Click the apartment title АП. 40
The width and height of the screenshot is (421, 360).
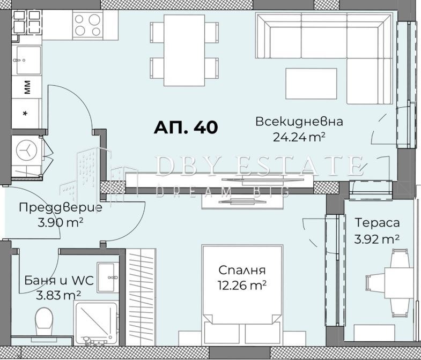pos(186,127)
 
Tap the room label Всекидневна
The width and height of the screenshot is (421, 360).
pos(299,122)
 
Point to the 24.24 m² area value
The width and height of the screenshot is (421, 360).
pos(299,137)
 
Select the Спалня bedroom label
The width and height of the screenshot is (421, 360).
pos(242,270)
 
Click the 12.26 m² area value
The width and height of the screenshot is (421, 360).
pos(242,285)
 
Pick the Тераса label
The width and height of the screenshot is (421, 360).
pos(377,223)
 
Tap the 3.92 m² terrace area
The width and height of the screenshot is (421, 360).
pos(376,239)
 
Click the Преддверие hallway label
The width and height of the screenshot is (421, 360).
pos(61,207)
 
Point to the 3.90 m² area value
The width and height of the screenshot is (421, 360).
pos(60,223)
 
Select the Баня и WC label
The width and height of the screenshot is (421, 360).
pos(59,281)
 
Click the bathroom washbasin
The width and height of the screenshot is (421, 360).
pos(108,277)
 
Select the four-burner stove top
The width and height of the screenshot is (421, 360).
pos(88,25)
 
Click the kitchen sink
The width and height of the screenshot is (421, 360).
pos(27,60)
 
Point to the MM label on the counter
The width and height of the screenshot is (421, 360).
pos(27,87)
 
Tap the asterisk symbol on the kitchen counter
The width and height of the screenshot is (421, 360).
pos(25,114)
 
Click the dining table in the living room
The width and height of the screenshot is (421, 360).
pos(184,50)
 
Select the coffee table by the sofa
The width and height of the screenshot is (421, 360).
pos(311,84)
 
